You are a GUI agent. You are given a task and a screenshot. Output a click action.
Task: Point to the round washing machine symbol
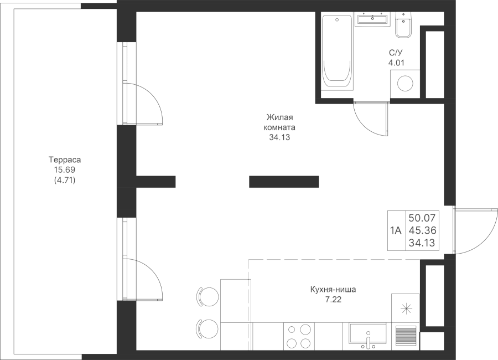coord(405,84)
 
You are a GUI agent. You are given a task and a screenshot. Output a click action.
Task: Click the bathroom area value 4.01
coord(396,63)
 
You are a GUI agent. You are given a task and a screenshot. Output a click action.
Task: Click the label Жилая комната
coord(279,122)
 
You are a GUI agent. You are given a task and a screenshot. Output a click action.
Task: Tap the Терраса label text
coord(65,159)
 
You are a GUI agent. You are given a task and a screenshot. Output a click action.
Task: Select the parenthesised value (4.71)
coord(65,181)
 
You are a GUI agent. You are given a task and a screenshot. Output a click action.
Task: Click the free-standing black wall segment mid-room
coord(284,182)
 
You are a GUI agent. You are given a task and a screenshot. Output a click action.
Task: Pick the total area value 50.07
coord(422,218)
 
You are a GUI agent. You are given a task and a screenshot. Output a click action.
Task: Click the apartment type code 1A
coord(396,230)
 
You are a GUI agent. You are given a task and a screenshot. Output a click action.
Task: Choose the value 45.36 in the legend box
coord(422,230)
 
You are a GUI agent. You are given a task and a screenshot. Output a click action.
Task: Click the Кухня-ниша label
coord(333,290)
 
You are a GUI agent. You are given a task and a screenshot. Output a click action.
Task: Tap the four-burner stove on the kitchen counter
coord(299,336)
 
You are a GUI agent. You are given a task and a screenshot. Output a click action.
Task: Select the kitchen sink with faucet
coord(368,336)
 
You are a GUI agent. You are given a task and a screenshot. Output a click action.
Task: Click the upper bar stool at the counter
coord(207,297)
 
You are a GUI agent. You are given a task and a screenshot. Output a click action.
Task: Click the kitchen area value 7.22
coord(333,299)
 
